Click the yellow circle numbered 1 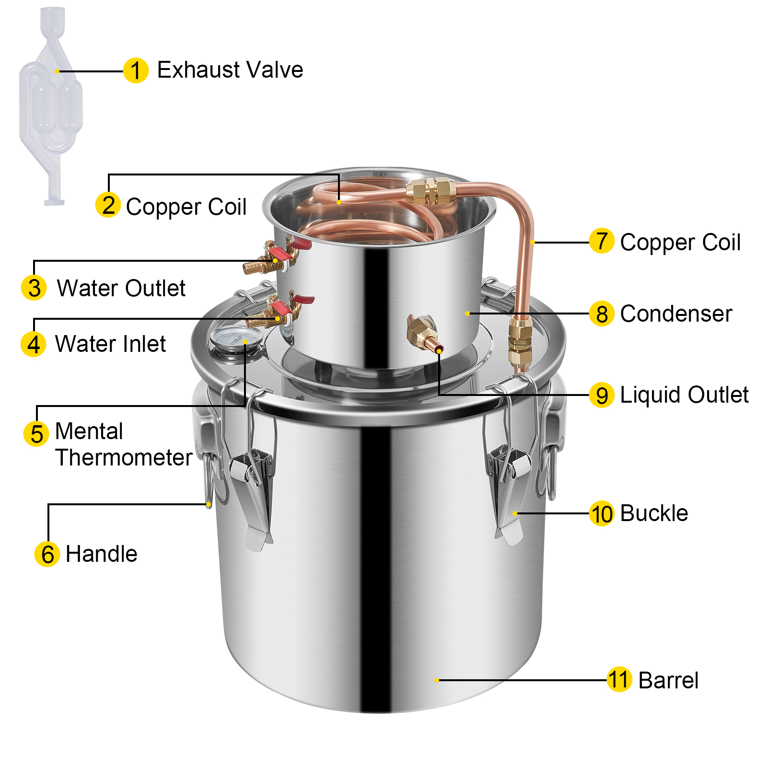136,70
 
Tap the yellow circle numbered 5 36,434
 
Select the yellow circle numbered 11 619,680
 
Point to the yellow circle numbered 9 602,395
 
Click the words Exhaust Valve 230,70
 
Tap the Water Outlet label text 121,288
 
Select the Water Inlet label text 111,344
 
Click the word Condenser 676,314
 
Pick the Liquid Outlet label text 684,395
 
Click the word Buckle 654,513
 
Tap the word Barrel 668,680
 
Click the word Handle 102,554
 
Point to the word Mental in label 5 89,431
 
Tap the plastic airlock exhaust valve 50,105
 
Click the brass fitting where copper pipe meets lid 520,342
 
